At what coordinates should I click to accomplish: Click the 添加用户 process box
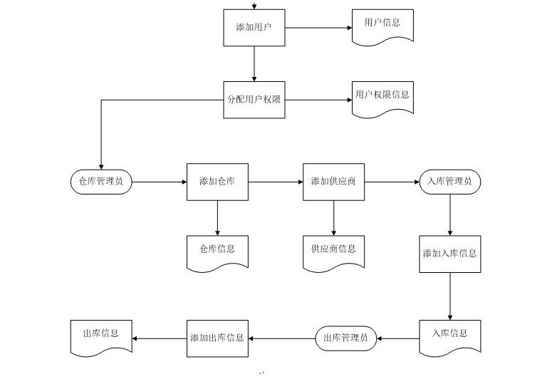(x=254, y=28)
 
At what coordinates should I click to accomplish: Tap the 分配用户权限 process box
(x=254, y=100)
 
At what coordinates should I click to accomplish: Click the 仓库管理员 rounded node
(x=101, y=182)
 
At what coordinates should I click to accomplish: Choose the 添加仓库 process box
(x=217, y=182)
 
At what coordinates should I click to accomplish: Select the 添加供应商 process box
(x=333, y=182)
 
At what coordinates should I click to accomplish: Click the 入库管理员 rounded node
(x=449, y=182)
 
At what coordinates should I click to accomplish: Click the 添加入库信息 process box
(x=449, y=254)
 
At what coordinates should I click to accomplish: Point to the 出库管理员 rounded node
(x=345, y=338)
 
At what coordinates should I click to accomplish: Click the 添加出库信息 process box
(x=217, y=338)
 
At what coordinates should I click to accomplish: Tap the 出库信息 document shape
(x=101, y=336)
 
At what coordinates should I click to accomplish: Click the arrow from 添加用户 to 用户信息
(x=318, y=28)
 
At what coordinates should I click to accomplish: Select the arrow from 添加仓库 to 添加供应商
(x=276, y=182)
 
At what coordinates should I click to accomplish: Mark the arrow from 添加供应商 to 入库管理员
(x=391, y=182)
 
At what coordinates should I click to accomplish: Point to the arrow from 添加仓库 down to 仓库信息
(x=217, y=217)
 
